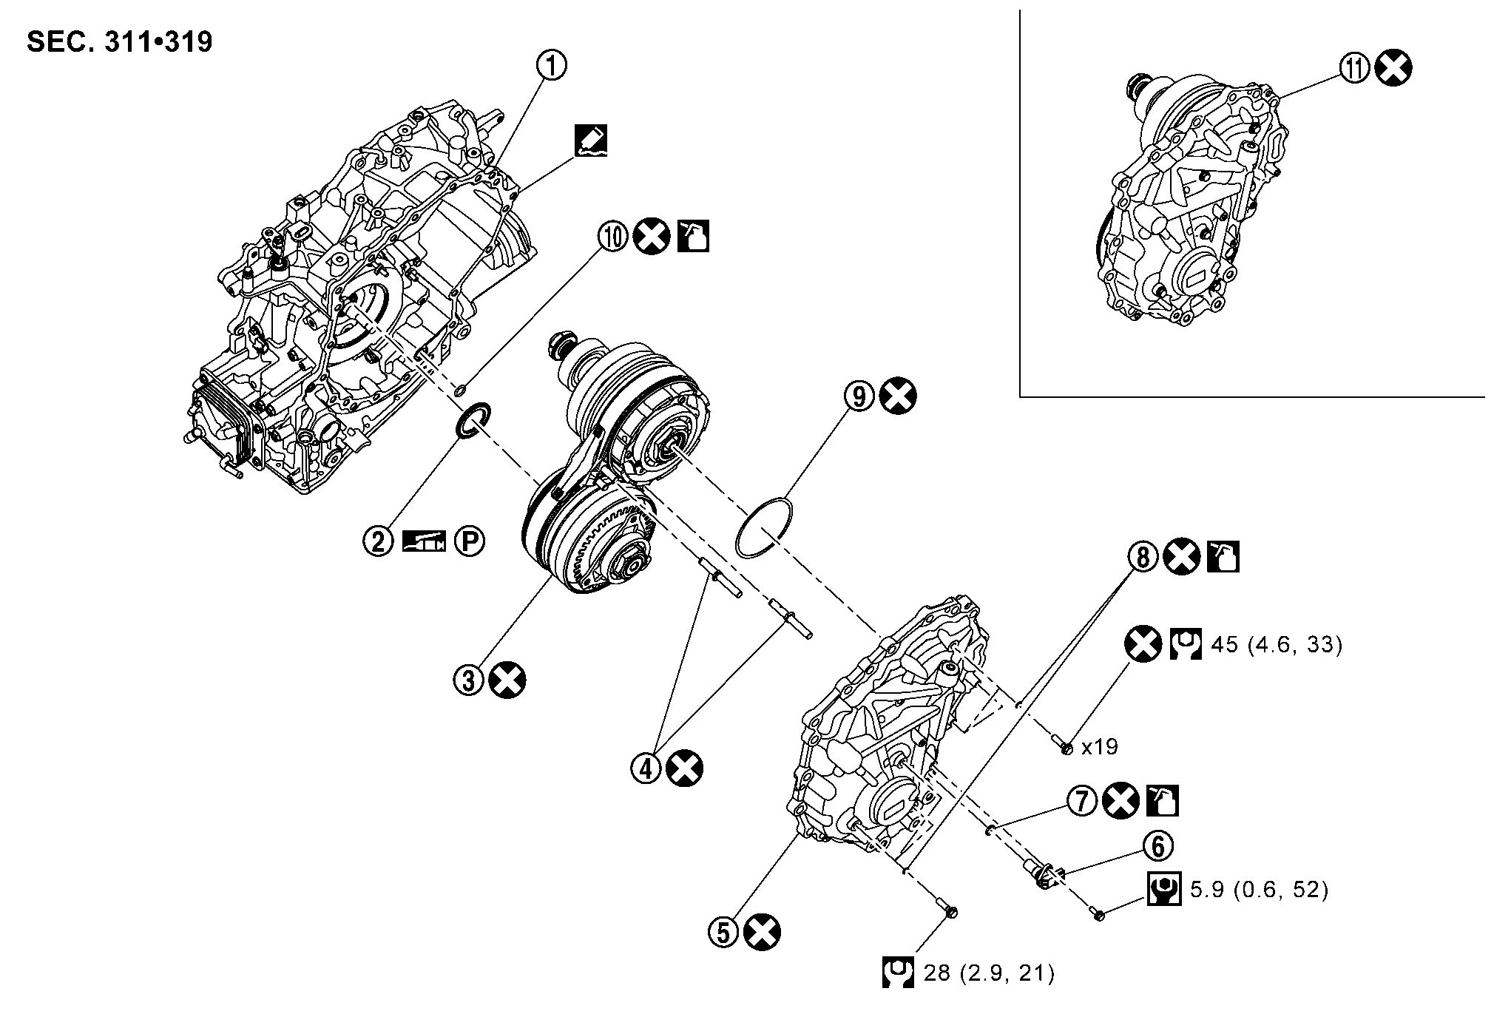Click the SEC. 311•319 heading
click(x=119, y=42)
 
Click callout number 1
click(x=551, y=66)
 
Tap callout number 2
click(x=378, y=541)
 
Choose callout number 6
click(x=1158, y=845)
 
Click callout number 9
click(x=859, y=396)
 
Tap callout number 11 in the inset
click(x=1355, y=69)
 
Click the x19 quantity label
click(x=1099, y=747)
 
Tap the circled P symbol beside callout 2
click(x=470, y=541)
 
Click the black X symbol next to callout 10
click(x=652, y=237)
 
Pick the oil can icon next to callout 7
click(x=1162, y=801)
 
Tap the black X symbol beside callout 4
click(x=685, y=768)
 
